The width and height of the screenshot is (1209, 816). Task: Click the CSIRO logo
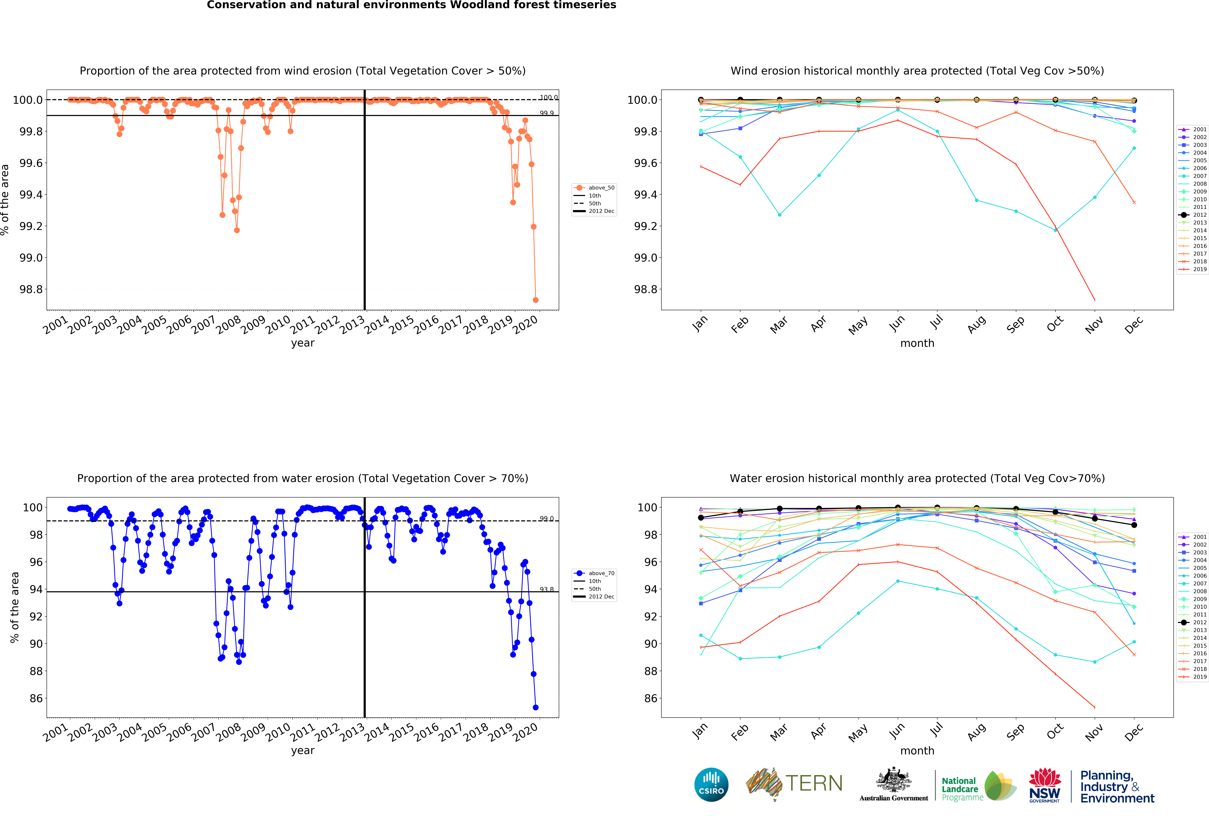click(x=711, y=785)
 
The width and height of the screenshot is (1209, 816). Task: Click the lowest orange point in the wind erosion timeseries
click(x=535, y=300)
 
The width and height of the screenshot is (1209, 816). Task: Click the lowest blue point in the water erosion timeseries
click(x=535, y=707)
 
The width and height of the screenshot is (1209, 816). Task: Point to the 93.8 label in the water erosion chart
click(x=546, y=589)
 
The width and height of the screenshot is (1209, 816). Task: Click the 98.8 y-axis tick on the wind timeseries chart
click(x=31, y=290)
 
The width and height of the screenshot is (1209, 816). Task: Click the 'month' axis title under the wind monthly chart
click(x=917, y=343)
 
